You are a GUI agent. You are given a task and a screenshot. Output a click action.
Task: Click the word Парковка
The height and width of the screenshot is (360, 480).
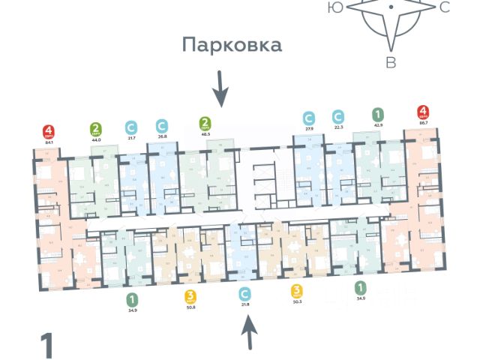pos(232,45)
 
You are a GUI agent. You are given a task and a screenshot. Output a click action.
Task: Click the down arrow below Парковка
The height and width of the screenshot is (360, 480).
pos(220,88)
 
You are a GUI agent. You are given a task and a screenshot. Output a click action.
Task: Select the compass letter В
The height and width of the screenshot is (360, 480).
pos(391,63)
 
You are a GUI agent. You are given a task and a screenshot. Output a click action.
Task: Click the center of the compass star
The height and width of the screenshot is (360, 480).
pos(391,7)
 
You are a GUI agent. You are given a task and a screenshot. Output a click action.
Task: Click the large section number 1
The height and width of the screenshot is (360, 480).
pos(47,346)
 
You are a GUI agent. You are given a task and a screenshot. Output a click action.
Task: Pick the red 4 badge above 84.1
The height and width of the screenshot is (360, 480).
pos(49,129)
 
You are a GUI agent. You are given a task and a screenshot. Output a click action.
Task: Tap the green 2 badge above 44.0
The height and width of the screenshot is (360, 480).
pos(96,128)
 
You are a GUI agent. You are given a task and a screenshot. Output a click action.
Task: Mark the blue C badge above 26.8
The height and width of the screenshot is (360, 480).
pos(161,125)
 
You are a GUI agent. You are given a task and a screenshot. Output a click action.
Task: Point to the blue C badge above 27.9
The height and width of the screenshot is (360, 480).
pos(308,118)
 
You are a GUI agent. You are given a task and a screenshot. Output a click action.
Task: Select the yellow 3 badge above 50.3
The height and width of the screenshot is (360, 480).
pos(297,292)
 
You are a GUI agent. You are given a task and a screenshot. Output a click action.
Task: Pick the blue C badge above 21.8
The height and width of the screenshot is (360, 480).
pos(244,293)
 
